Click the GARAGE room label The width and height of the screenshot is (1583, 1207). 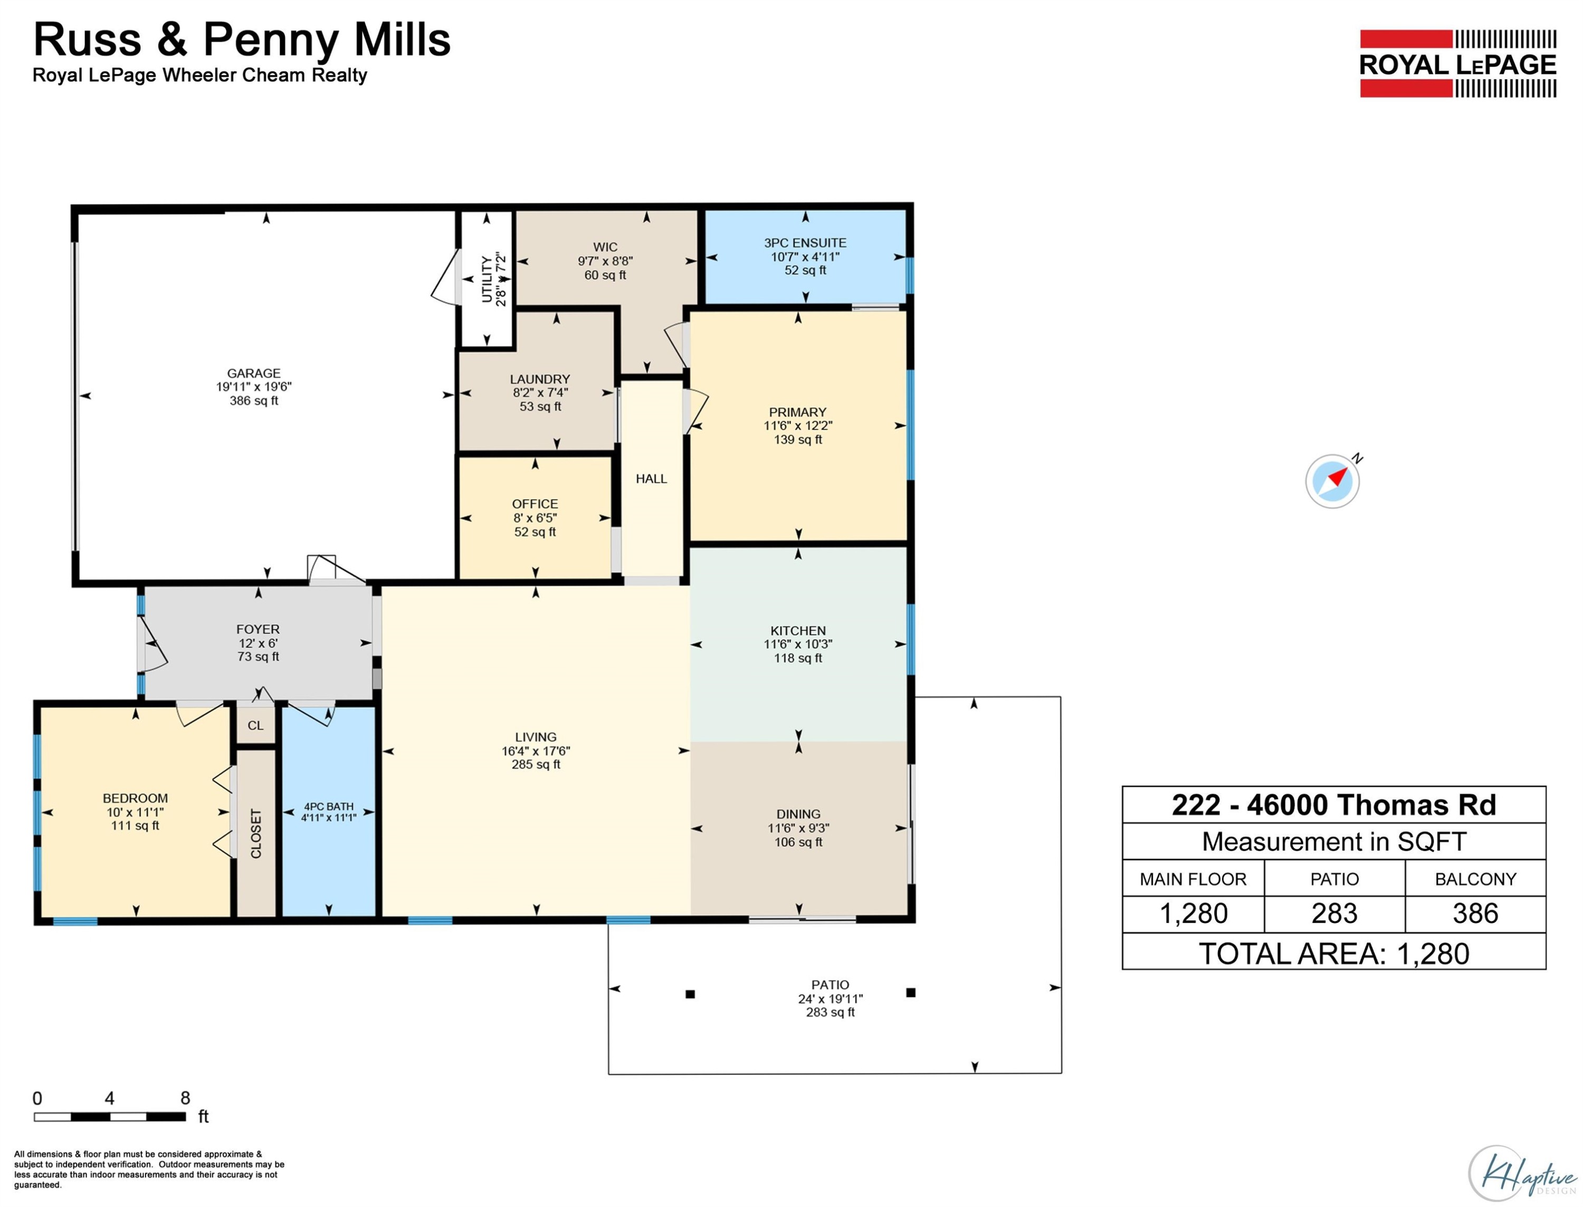click(253, 373)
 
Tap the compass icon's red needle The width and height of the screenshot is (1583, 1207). click(1337, 477)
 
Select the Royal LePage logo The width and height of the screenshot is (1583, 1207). click(1457, 63)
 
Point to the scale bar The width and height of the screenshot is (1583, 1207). click(110, 1116)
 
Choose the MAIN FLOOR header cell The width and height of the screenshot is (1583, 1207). click(1193, 879)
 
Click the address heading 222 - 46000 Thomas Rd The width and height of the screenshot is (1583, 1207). click(1334, 805)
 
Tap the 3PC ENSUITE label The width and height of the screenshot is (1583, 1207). click(805, 243)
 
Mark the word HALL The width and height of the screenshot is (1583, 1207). click(652, 479)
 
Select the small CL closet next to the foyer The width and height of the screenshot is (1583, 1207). click(256, 725)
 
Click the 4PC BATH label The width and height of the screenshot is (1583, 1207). click(329, 806)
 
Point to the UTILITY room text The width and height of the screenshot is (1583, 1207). click(487, 280)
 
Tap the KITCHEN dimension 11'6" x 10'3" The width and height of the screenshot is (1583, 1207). click(798, 644)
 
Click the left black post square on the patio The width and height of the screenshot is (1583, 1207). click(690, 994)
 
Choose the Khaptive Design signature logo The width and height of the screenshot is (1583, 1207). click(1524, 1173)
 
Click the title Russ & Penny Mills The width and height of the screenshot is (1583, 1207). click(242, 40)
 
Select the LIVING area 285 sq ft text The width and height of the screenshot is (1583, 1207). click(536, 764)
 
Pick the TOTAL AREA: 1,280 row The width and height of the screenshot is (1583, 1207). click(1334, 953)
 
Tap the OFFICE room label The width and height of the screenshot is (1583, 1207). click(535, 503)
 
